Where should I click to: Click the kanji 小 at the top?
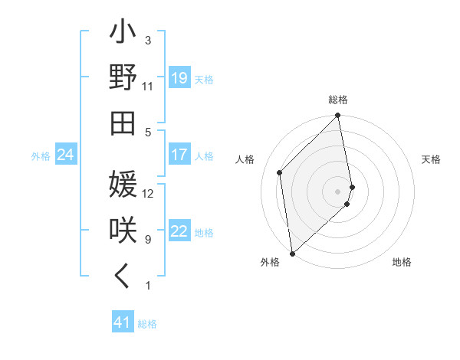123,34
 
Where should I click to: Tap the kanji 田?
123,123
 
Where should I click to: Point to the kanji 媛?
123,185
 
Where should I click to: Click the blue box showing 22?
179,232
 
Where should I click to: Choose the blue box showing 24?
65,155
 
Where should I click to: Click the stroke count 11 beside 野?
148,87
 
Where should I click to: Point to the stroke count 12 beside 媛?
148,194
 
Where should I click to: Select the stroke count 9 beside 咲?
148,240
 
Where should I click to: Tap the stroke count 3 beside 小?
148,40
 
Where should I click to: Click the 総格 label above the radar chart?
338,100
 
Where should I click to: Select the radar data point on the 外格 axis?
292,253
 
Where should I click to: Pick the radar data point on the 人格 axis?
280,172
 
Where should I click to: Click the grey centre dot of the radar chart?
337,191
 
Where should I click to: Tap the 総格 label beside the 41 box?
147,324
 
